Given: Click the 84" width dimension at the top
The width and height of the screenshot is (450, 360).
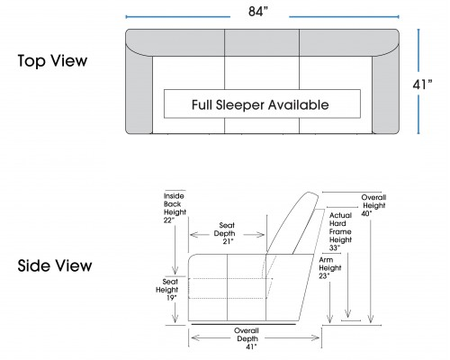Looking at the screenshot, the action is click(258, 12).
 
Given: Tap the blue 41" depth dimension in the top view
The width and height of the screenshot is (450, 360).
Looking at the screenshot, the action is click(422, 85).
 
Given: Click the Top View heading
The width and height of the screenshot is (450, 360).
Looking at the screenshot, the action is click(52, 60).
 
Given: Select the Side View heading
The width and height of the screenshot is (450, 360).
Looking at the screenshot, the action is click(55, 265).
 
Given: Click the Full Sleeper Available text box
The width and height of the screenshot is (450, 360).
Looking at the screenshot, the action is click(262, 103).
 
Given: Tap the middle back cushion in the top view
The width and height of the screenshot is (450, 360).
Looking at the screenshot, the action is click(262, 42).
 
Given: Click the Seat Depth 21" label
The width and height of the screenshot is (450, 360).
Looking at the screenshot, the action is click(226, 233).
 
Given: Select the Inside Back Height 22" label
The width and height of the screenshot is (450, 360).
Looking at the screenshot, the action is click(175, 208).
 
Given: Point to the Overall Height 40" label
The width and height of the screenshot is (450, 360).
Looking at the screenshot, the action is click(373, 205).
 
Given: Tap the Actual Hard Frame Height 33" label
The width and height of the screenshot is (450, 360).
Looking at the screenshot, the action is click(340, 231).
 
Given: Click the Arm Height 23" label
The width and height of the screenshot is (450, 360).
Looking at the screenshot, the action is click(329, 268).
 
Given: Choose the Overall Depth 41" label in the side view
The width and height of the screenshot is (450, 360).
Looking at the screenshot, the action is click(247, 338).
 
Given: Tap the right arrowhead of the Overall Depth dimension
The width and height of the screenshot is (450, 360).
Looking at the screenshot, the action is click(316, 338).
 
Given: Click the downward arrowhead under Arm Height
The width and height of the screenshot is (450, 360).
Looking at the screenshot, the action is click(329, 319).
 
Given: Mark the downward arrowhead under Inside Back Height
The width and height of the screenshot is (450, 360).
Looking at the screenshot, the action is click(175, 270).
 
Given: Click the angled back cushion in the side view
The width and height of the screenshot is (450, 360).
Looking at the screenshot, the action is click(292, 223).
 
